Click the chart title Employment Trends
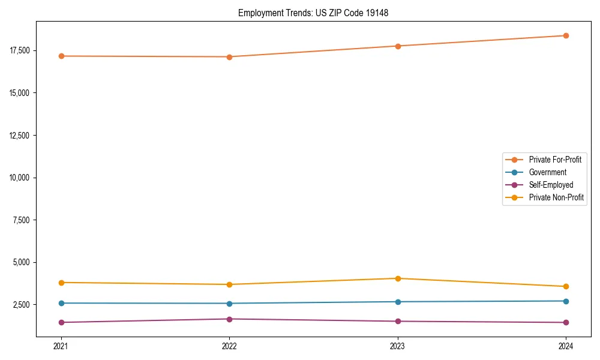click(x=313, y=13)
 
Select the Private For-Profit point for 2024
click(x=566, y=35)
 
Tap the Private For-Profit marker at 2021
click(x=61, y=56)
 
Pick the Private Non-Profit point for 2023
click(x=398, y=278)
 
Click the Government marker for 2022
click(x=229, y=304)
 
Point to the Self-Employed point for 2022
click(x=229, y=319)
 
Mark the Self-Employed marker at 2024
click(x=566, y=323)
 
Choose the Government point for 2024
click(x=566, y=301)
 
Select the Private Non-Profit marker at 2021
click(x=61, y=283)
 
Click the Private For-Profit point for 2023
click(x=398, y=46)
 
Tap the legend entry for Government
click(x=547, y=172)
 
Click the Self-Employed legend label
click(x=551, y=185)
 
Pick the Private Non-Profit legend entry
click(x=556, y=197)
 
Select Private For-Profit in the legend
click(x=555, y=160)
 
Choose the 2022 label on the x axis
click(x=229, y=346)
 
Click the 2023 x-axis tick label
click(x=398, y=346)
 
